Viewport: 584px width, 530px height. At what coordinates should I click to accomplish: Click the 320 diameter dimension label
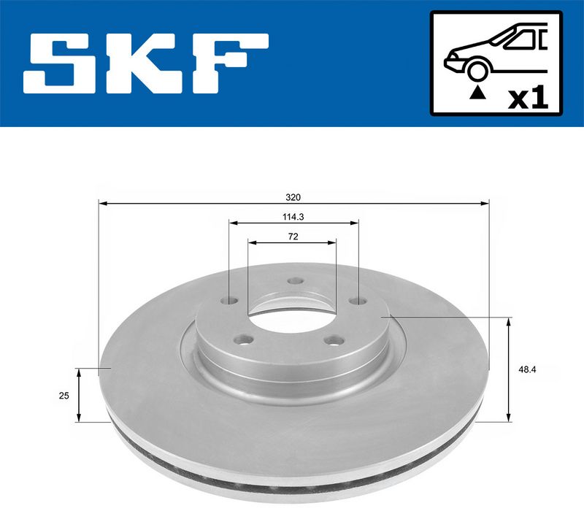[x=293, y=197]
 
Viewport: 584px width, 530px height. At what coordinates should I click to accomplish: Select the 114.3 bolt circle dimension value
[x=293, y=217]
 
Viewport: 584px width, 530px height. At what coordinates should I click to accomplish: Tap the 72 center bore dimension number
[x=293, y=237]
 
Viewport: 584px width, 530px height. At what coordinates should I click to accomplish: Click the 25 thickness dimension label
[x=64, y=396]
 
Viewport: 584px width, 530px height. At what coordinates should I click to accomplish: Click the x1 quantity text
[x=528, y=99]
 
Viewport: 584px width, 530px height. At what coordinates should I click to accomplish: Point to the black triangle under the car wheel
[x=478, y=93]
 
